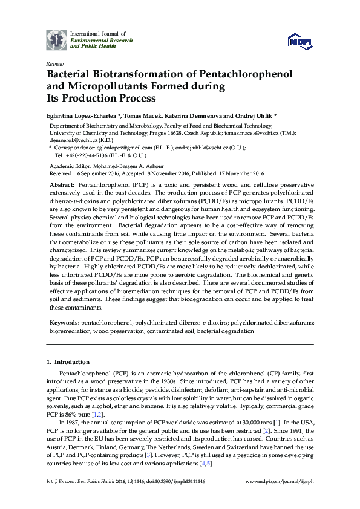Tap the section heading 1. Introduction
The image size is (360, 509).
(x=68, y=361)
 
